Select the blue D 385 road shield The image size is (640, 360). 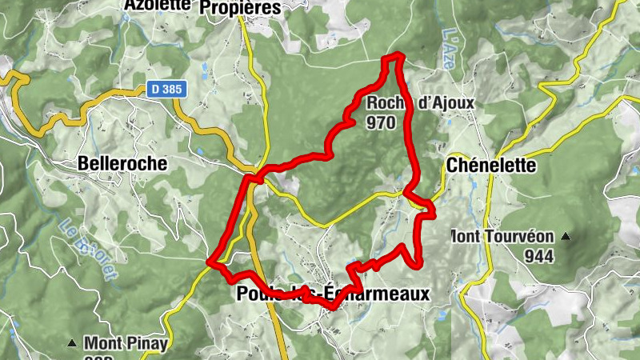tap(166, 90)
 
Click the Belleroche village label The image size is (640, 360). tap(122, 163)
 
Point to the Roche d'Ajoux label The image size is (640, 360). tap(421, 103)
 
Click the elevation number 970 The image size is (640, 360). tap(382, 122)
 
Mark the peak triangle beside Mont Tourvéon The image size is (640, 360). tap(566, 237)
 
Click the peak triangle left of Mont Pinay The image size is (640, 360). tap(72, 343)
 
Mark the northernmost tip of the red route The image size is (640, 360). tap(393, 56)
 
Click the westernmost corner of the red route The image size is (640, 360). tap(210, 262)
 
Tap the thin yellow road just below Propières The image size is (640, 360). tap(250, 40)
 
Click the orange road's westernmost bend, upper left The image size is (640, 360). tap(10, 76)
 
